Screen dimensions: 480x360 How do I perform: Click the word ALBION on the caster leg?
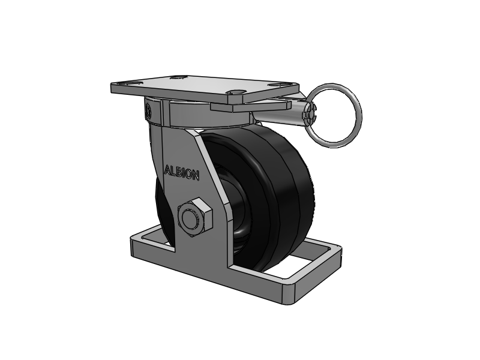(x=182, y=173)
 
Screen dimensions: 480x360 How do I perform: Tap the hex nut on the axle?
(x=194, y=217)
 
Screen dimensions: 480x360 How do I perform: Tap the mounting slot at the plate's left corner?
(x=125, y=83)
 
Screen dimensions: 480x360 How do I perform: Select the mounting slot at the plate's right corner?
(x=278, y=85)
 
